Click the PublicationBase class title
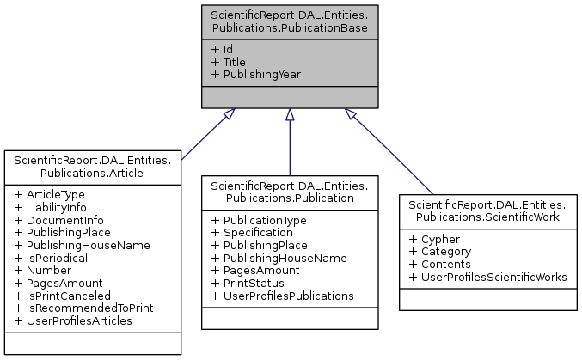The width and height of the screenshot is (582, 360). [290, 21]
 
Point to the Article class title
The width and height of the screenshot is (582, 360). [93, 166]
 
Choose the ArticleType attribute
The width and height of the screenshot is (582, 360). [55, 195]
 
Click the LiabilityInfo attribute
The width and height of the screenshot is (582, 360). [58, 207]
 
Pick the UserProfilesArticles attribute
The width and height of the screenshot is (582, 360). [78, 320]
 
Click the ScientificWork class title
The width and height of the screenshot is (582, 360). [487, 211]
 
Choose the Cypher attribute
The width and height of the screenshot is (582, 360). [439, 240]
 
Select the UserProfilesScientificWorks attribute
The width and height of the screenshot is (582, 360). [493, 277]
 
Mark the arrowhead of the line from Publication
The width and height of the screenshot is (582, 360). [290, 115]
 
